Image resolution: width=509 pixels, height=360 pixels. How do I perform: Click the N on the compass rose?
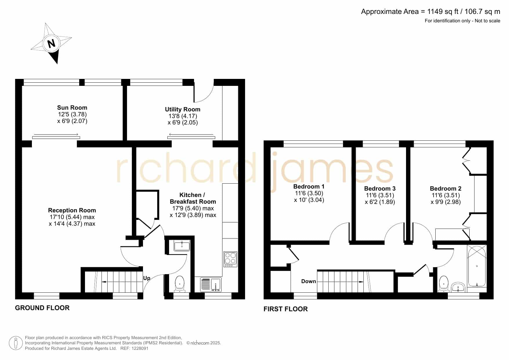pos(52,44)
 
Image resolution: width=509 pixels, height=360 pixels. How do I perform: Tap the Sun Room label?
pos(72,108)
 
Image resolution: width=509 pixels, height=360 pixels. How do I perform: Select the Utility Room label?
pos(183,109)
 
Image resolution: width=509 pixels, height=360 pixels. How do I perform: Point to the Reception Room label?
pos(72,210)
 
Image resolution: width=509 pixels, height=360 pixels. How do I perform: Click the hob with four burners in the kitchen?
pos(230,259)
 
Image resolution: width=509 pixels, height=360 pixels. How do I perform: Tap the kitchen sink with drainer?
pos(211,285)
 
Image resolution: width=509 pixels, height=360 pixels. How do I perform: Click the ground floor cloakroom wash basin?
pos(182,245)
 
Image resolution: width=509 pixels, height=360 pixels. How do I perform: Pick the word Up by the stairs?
pos(147,278)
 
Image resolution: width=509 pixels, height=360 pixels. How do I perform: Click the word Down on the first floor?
pos(309,281)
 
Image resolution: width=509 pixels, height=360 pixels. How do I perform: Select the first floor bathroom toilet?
pos(444,283)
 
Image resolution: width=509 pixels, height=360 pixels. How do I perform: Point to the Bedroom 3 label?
pos(380,189)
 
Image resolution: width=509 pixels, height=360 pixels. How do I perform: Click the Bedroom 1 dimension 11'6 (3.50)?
pos(309,193)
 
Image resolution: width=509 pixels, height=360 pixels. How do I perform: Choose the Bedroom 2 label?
pos(446,189)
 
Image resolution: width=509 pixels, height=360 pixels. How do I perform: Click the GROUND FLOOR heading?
pos(42,308)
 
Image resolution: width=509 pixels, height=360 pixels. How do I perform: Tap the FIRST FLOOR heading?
pos(286,309)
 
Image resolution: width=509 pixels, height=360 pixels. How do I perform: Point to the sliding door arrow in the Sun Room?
pos(56,134)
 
